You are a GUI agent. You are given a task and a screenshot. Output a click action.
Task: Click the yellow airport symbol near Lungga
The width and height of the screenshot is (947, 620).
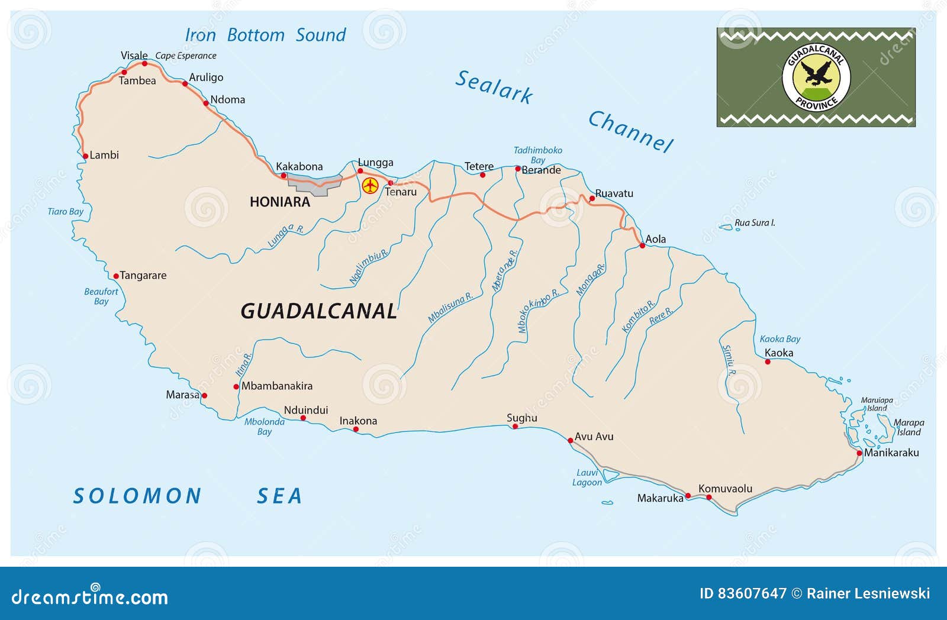370,186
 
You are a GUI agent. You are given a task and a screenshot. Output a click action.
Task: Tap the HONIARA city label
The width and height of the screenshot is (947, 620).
280,202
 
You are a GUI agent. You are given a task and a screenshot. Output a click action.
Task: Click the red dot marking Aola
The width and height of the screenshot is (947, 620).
642,245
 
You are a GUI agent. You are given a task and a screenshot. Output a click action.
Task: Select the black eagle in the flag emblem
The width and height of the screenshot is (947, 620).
816,75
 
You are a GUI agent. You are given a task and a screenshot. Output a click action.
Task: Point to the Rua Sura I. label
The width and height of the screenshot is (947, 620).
754,223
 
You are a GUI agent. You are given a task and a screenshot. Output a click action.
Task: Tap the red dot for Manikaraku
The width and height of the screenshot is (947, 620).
859,453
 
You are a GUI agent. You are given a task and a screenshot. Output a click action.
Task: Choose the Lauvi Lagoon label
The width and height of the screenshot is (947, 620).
587,477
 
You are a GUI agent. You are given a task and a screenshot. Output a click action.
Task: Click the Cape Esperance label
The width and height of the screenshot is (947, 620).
186,56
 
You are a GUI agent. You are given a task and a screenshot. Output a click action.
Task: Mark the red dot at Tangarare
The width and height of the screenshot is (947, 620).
116,276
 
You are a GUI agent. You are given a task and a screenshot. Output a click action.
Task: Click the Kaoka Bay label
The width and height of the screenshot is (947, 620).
779,339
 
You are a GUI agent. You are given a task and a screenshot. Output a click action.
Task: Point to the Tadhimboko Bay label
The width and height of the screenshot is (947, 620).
537,155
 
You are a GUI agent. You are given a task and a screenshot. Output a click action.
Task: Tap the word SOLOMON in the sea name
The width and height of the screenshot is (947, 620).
137,496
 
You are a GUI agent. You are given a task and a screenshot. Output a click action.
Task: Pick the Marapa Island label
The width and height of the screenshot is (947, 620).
909,427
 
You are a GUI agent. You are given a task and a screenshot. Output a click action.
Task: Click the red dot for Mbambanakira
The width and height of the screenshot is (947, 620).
236,387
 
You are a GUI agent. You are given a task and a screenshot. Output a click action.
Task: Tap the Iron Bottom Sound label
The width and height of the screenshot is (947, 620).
265,35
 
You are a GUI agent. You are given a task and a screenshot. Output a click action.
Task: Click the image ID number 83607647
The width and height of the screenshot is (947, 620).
752,593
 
